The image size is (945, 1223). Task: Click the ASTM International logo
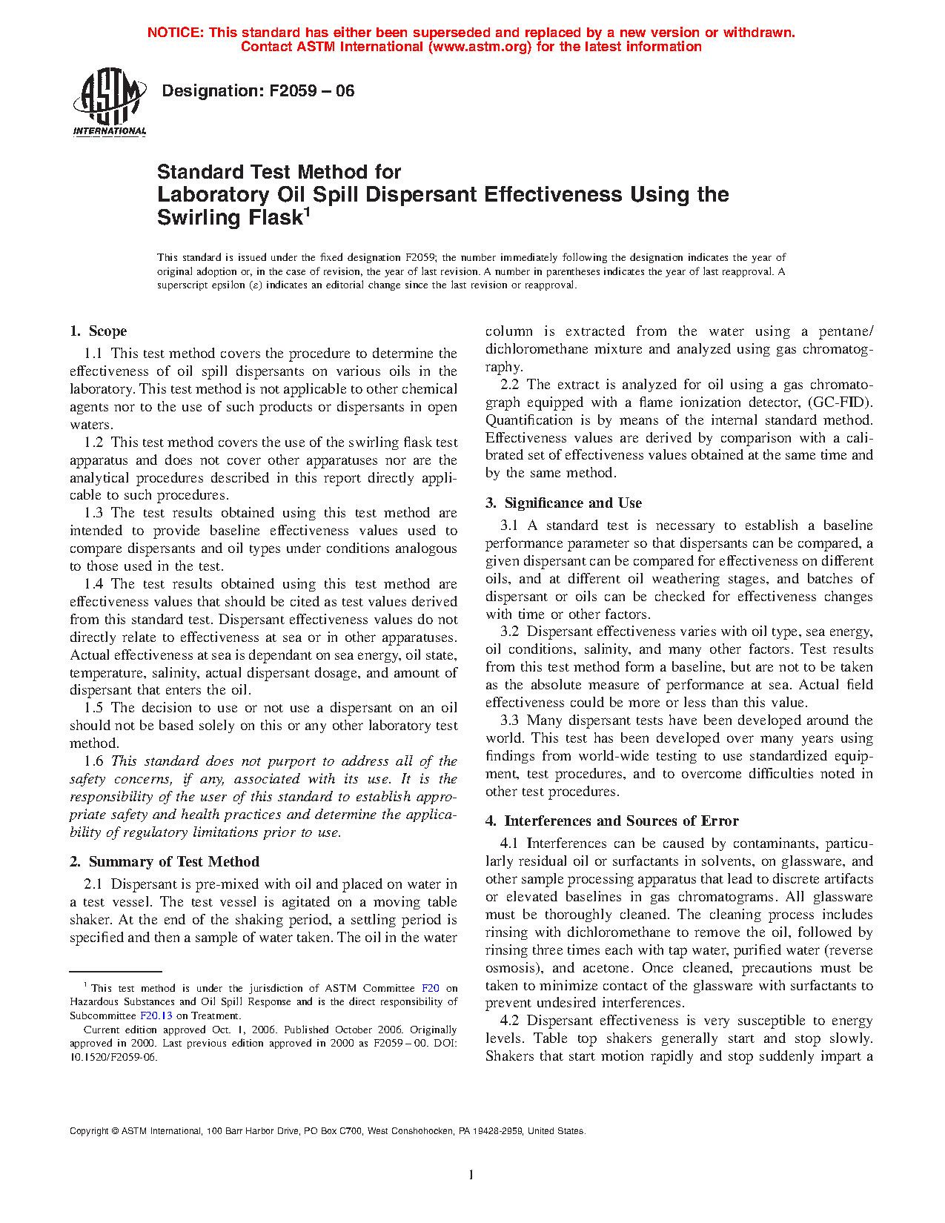click(x=110, y=102)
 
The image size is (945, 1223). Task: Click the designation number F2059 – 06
click(x=311, y=91)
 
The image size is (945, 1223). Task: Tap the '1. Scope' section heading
click(x=99, y=331)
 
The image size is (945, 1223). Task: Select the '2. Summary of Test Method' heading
click(x=165, y=861)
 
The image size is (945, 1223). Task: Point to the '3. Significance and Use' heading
click(x=563, y=503)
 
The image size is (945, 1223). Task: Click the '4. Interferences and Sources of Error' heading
click(x=611, y=821)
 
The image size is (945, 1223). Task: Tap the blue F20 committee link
click(x=431, y=988)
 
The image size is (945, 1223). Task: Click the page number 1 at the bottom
click(x=471, y=1174)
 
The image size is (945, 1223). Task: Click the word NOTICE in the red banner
click(x=175, y=33)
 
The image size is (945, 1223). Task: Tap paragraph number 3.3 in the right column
click(x=509, y=720)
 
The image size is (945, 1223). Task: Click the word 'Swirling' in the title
click(x=194, y=218)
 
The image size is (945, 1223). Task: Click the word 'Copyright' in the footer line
click(x=89, y=1131)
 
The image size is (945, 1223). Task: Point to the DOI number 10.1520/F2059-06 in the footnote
click(x=113, y=1057)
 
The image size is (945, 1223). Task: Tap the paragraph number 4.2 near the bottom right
click(x=509, y=1021)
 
